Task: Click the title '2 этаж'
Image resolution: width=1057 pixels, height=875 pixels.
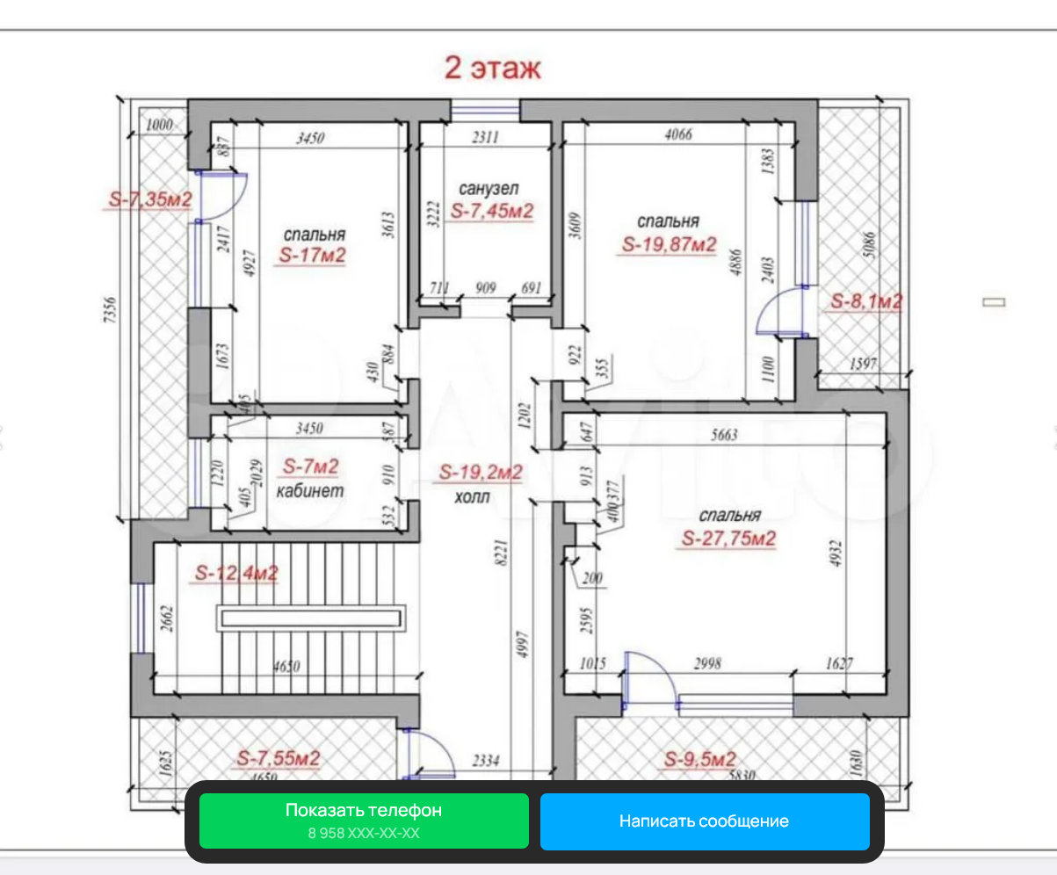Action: point(493,68)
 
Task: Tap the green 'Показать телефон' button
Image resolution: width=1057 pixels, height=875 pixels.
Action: point(364,821)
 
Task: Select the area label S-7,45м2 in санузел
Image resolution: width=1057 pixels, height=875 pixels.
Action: point(492,211)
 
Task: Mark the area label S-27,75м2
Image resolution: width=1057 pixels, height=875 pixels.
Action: point(728,539)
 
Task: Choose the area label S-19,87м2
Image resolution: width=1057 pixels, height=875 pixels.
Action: point(669,244)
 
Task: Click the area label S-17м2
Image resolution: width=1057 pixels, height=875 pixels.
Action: point(312,256)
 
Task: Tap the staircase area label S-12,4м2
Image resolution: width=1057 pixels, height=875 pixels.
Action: point(235,574)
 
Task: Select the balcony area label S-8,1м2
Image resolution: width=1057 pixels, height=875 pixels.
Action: point(866,302)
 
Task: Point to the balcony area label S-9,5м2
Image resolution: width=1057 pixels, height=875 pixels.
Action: point(699,760)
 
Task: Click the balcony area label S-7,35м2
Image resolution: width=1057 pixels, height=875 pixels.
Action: point(150,200)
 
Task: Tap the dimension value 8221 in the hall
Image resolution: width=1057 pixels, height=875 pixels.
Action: point(501,556)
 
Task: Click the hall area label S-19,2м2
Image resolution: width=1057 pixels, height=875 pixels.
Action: point(481,473)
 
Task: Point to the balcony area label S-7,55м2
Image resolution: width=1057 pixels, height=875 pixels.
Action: point(279,757)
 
